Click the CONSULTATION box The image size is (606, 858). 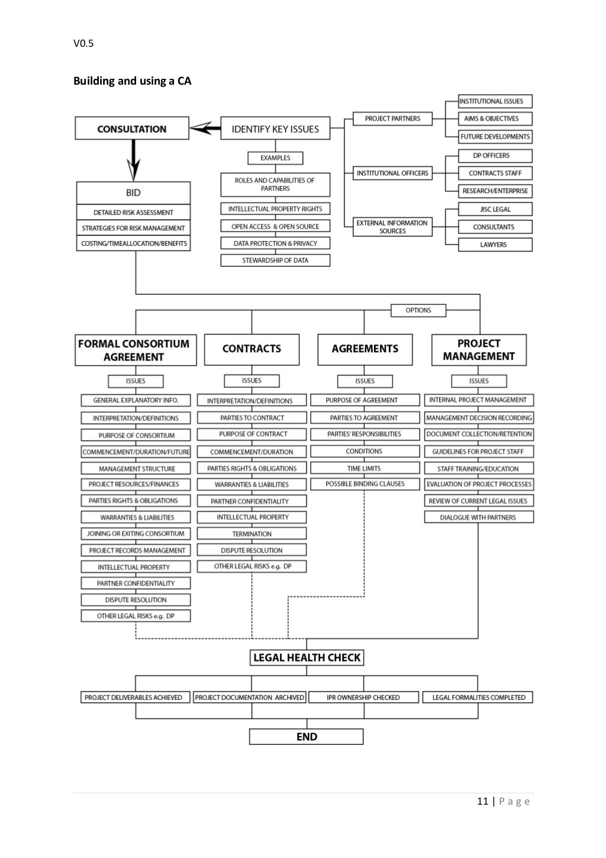click(132, 128)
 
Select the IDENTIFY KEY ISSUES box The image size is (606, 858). click(275, 128)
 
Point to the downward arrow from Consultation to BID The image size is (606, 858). click(133, 160)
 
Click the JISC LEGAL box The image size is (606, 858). click(495, 209)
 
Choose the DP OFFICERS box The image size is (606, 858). click(495, 156)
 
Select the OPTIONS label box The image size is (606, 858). click(418, 310)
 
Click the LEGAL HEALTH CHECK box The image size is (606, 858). click(307, 657)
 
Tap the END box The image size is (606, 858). click(307, 737)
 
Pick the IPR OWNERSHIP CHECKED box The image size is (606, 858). click(363, 698)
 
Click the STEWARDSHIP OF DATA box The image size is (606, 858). click(275, 260)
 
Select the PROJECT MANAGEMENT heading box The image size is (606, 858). click(479, 350)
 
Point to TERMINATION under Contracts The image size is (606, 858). click(252, 534)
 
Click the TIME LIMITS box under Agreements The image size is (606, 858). click(364, 468)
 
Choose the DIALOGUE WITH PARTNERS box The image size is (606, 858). click(478, 517)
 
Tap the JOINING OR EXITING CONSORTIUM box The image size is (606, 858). click(136, 534)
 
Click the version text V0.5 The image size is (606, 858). click(83, 43)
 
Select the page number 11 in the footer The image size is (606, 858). click(483, 802)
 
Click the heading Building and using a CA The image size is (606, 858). click(133, 81)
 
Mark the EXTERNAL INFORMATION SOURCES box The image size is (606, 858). click(392, 227)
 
